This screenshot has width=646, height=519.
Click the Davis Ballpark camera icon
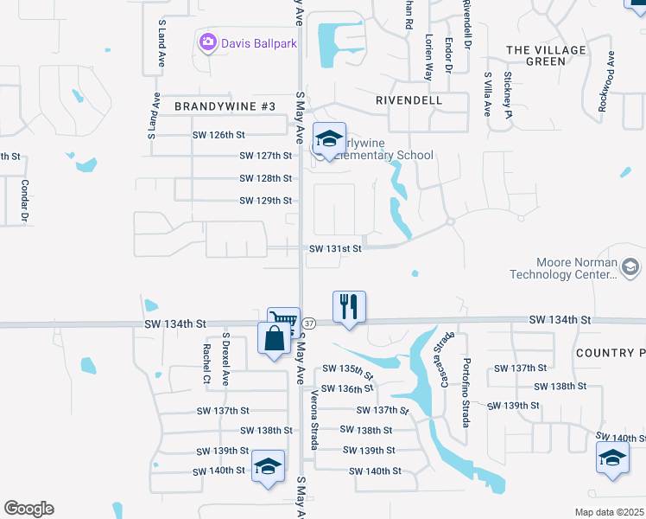click(x=207, y=41)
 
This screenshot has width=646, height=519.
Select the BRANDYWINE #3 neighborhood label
click(x=225, y=106)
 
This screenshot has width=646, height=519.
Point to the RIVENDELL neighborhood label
click(x=409, y=100)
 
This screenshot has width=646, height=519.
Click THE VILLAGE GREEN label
click(x=547, y=55)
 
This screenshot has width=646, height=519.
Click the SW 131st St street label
click(x=334, y=248)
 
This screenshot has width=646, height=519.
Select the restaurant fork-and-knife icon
click(x=349, y=307)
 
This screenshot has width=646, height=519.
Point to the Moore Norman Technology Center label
click(x=576, y=268)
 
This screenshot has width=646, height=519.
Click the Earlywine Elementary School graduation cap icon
click(x=328, y=139)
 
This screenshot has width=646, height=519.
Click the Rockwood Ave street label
click(x=610, y=81)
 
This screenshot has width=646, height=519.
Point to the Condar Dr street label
click(x=25, y=201)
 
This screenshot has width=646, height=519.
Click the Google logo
click(x=28, y=509)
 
